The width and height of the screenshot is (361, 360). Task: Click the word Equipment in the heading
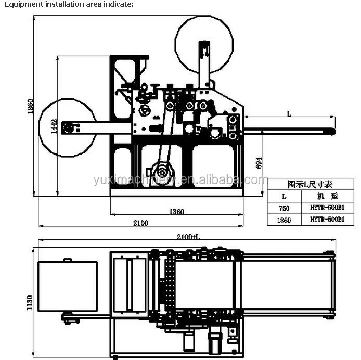[20, 4]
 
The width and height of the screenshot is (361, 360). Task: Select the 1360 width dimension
[176, 212]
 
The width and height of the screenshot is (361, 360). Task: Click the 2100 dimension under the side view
[140, 223]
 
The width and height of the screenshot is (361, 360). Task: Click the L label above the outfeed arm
[289, 113]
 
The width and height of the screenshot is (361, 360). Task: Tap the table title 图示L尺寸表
[310, 184]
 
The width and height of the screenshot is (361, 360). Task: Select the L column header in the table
[283, 197]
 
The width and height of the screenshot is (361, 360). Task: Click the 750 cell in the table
[283, 208]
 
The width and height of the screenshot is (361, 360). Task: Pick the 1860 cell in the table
[283, 220]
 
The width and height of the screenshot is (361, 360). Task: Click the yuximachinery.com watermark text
[179, 180]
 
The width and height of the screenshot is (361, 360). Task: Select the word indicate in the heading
[119, 4]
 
